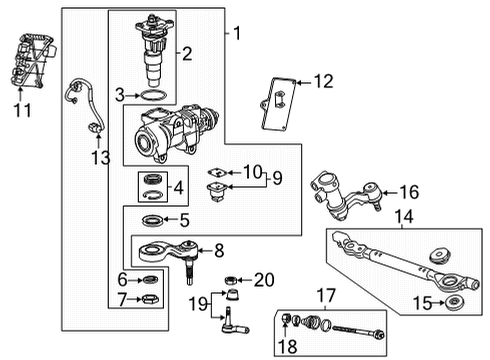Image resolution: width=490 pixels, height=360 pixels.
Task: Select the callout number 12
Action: click(322, 81)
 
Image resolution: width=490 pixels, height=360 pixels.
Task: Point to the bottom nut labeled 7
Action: click(147, 300)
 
